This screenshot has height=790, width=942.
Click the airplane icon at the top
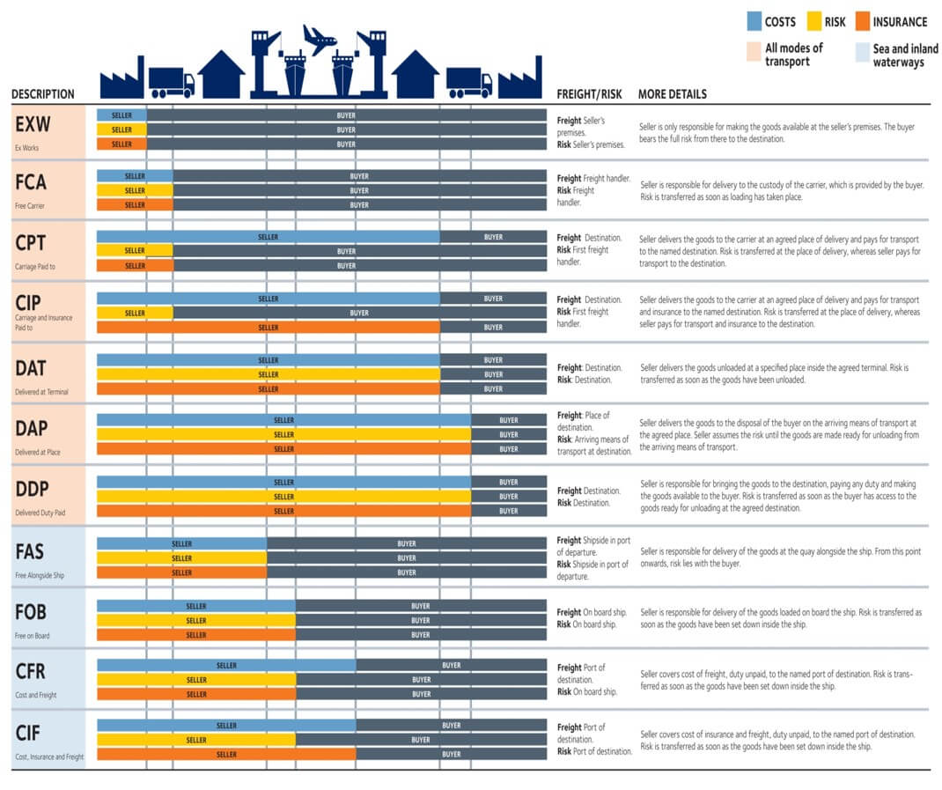pyautogui.click(x=320, y=39)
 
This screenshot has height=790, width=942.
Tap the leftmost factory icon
pyautogui.click(x=121, y=78)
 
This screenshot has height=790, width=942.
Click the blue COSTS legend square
pyautogui.click(x=754, y=22)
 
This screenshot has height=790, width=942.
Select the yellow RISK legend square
pyautogui.click(x=814, y=22)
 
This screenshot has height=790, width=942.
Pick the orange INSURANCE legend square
pyautogui.click(x=862, y=22)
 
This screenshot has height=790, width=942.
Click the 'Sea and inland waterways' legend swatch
pyautogui.click(x=862, y=55)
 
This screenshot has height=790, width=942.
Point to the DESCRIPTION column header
pyautogui.click(x=42, y=94)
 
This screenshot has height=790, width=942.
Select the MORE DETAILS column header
pyautogui.click(x=672, y=94)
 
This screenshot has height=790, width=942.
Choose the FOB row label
pyautogui.click(x=31, y=612)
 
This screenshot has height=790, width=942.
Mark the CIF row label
pyautogui.click(x=29, y=733)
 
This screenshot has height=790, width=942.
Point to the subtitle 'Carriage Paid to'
pyautogui.click(x=36, y=267)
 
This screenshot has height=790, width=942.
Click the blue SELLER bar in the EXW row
pyautogui.click(x=121, y=115)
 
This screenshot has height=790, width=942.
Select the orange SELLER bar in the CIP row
pyautogui.click(x=268, y=328)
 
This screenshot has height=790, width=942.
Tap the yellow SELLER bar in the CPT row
pyautogui.click(x=135, y=251)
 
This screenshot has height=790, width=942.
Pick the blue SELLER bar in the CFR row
pyautogui.click(x=226, y=665)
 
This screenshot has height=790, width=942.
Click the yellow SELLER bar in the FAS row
pyautogui.click(x=181, y=558)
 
